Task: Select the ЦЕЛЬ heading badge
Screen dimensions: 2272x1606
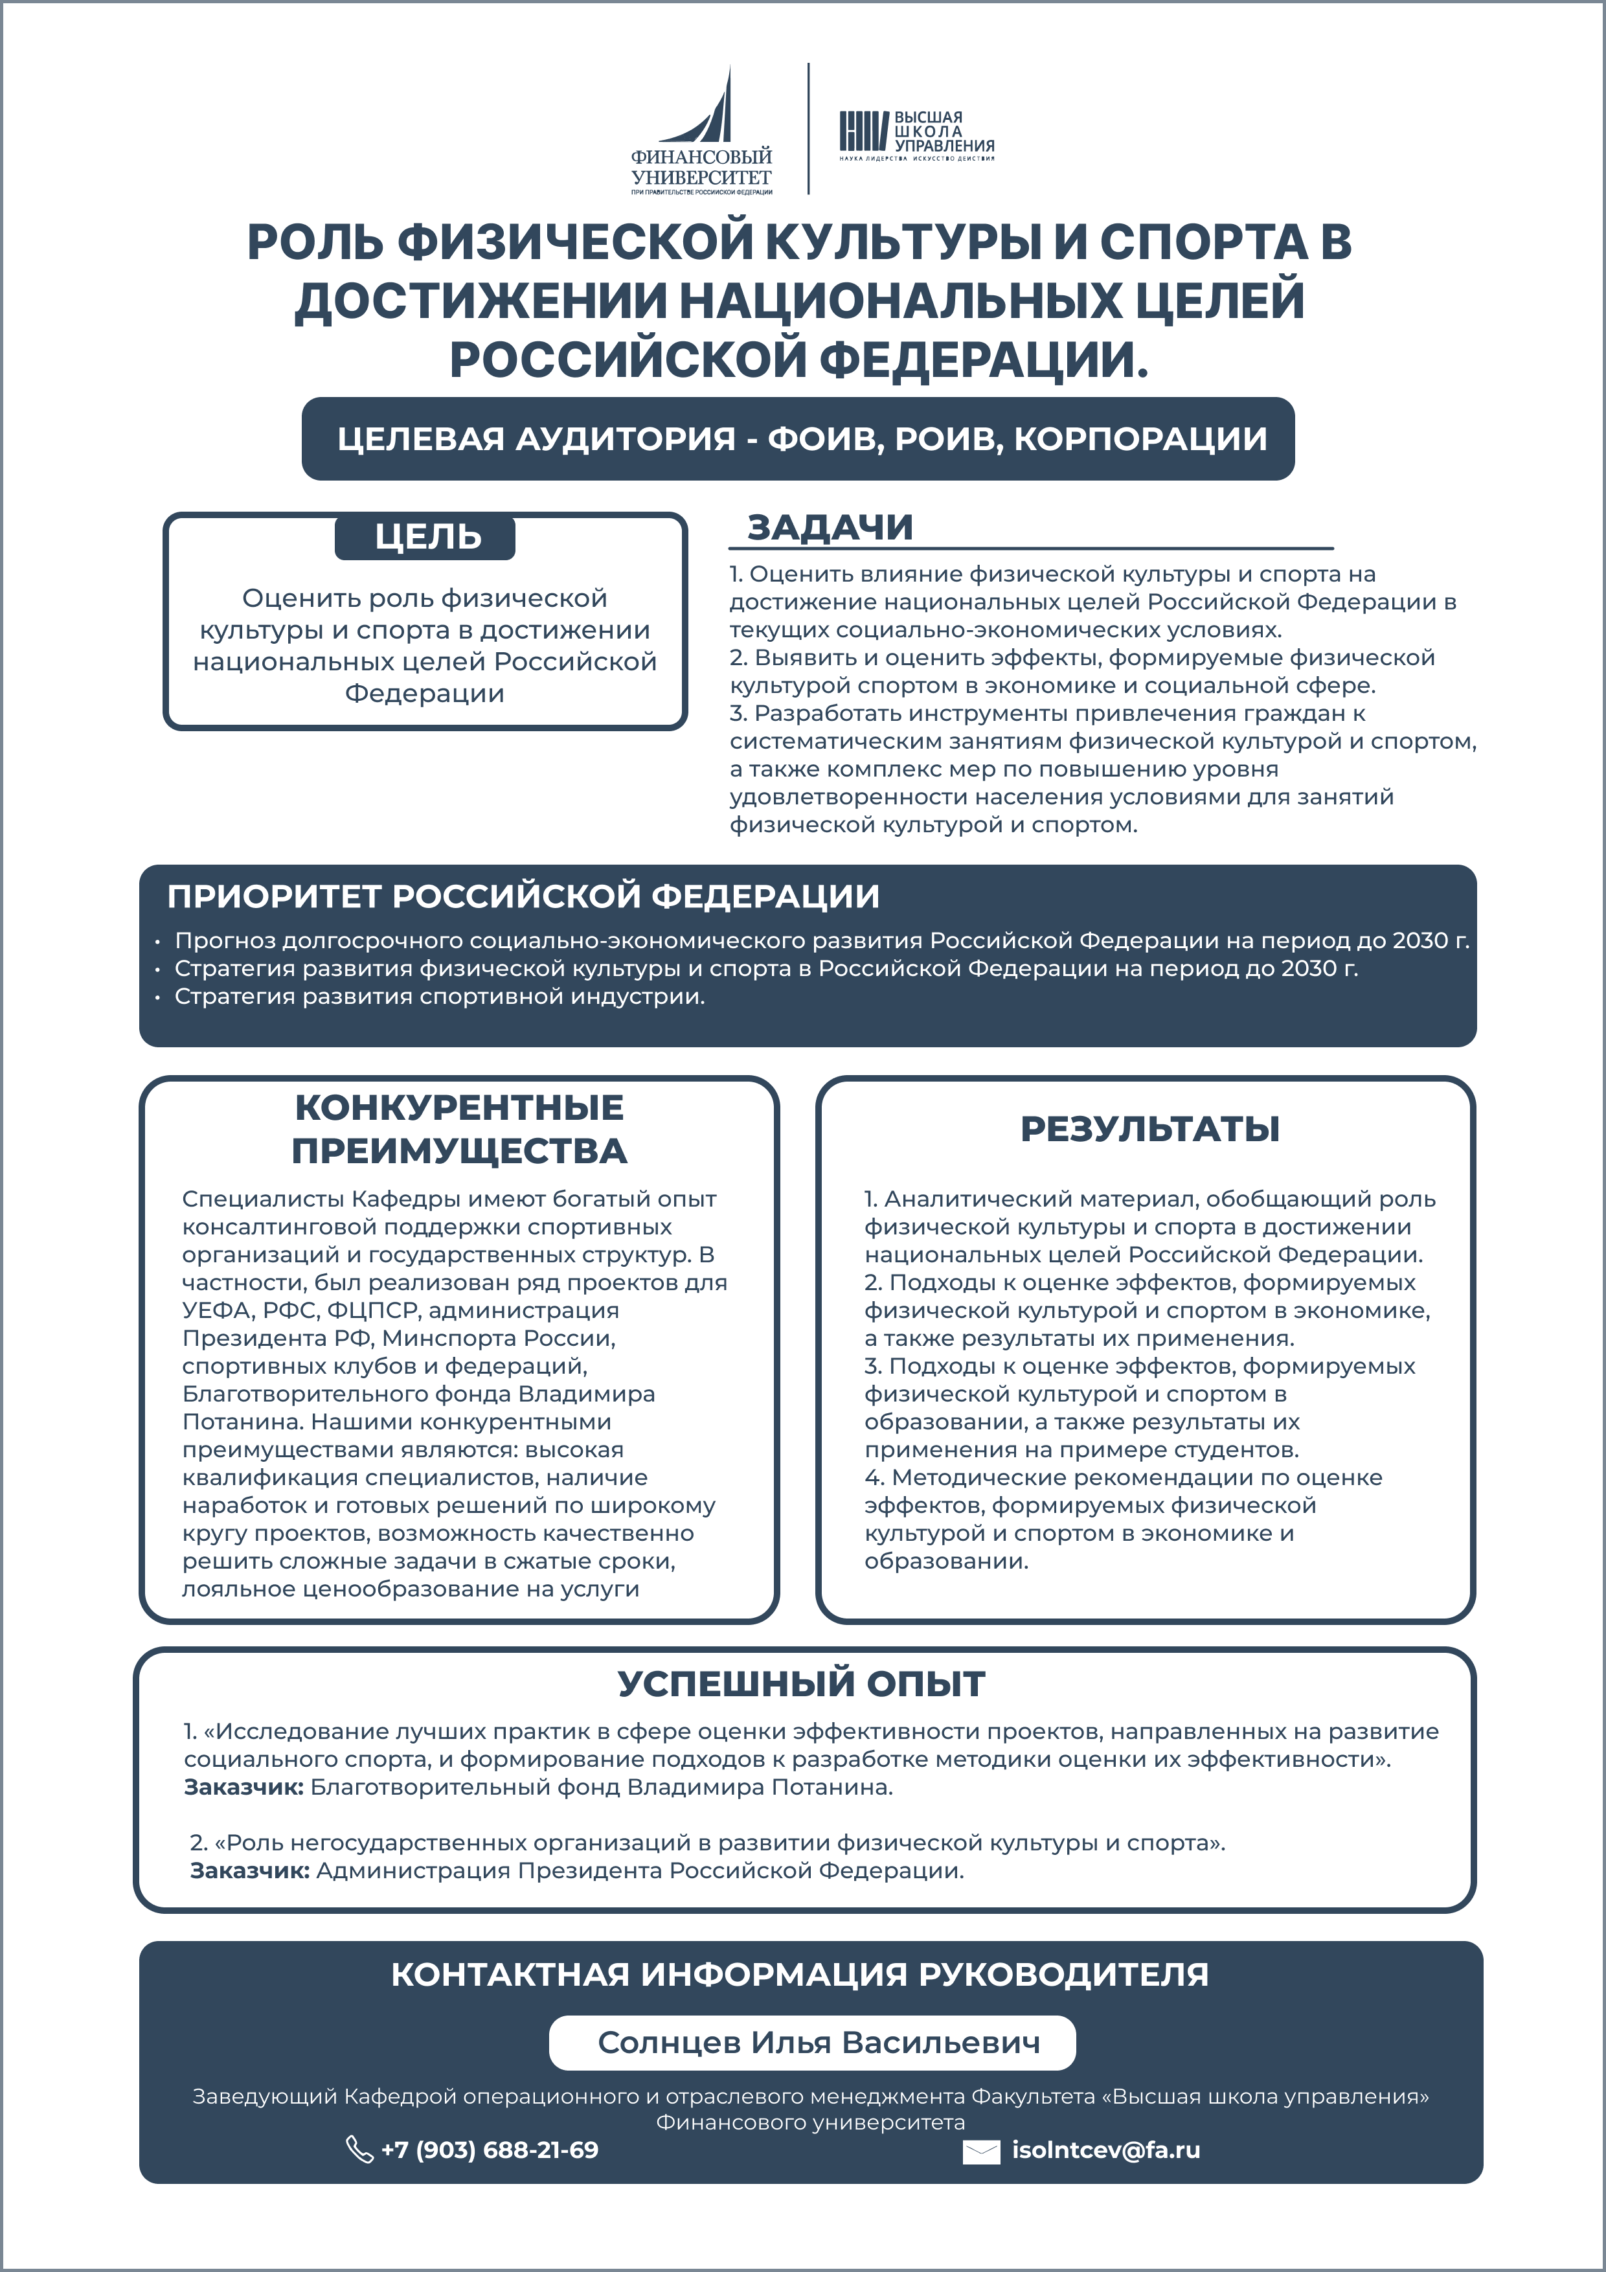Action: [x=425, y=536]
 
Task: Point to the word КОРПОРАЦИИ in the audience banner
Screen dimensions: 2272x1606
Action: [x=1140, y=438]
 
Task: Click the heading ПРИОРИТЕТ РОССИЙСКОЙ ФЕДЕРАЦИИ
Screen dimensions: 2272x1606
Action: [x=523, y=896]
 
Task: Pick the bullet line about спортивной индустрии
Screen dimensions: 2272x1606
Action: [x=439, y=997]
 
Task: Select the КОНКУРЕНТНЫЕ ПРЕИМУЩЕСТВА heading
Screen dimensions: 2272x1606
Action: [x=459, y=1129]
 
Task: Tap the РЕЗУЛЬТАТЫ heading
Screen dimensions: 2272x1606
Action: [x=1150, y=1128]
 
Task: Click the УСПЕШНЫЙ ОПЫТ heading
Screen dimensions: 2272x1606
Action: [x=802, y=1683]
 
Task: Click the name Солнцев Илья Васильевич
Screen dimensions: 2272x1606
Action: [x=819, y=2043]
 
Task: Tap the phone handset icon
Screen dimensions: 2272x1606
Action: [x=358, y=2150]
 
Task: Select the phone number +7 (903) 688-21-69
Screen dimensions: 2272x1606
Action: [x=490, y=2150]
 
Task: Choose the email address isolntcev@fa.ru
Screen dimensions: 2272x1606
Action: [x=1105, y=2150]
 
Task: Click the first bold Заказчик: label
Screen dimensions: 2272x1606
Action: [x=243, y=1787]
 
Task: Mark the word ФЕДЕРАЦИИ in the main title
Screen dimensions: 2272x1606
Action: [x=984, y=359]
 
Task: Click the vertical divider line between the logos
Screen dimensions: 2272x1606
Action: [x=808, y=129]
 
